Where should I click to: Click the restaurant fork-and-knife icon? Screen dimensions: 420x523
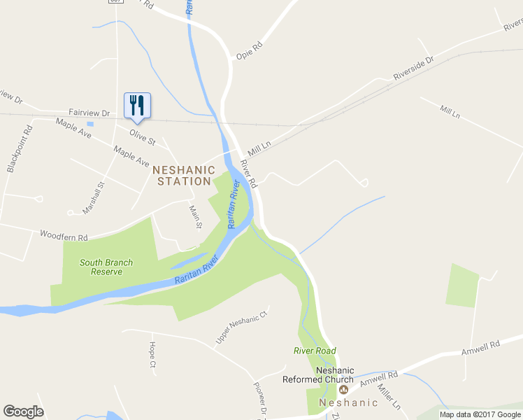137,105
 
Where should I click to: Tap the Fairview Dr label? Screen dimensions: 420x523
89,113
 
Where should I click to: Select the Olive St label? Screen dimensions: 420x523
141,132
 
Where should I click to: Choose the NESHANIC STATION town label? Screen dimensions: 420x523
182,175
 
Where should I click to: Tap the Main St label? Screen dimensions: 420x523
195,216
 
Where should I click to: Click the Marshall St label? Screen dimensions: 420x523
93,198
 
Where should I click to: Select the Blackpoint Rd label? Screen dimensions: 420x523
19,148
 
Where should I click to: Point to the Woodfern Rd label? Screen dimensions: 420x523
64,236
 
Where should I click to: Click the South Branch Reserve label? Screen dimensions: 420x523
106,267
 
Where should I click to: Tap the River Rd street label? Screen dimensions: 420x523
249,174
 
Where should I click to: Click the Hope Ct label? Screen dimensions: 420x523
152,355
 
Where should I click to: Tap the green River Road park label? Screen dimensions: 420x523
315,351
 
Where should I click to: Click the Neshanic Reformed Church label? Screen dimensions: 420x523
318,375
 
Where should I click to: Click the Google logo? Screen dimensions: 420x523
23,411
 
